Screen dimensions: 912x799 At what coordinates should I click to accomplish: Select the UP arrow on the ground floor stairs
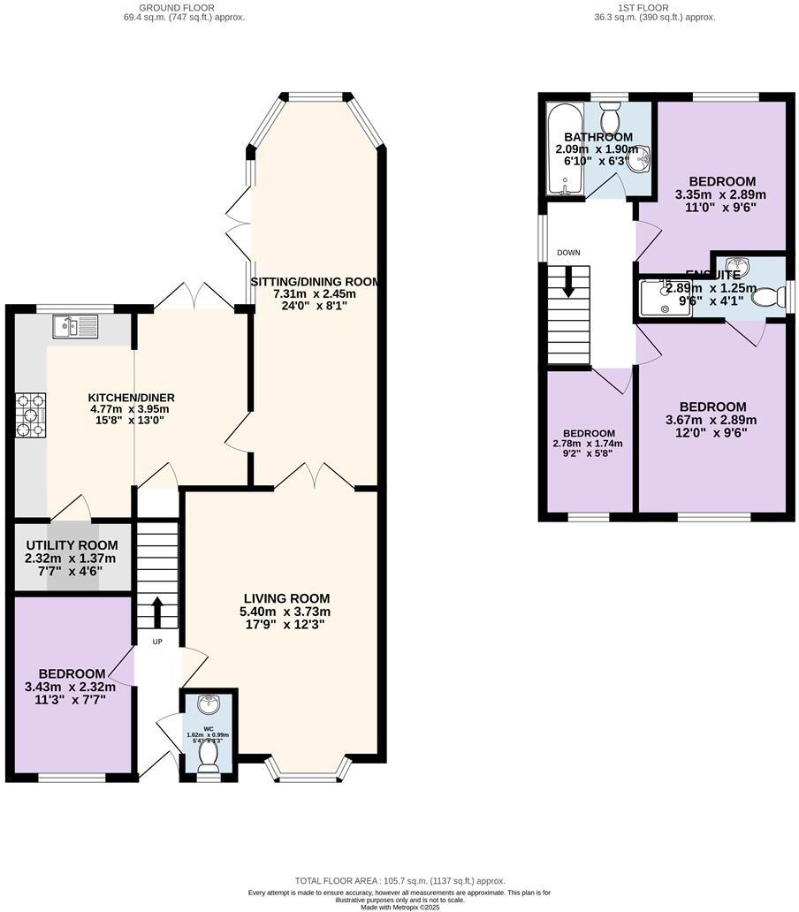157,610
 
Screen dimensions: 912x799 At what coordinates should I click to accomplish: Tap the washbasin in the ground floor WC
209,704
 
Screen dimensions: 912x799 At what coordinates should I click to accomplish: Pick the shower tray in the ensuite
664,297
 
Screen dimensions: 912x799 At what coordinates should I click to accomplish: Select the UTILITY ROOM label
71,544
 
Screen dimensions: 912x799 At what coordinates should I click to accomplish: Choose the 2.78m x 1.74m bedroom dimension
589,444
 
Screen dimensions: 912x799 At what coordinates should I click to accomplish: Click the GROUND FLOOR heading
184,6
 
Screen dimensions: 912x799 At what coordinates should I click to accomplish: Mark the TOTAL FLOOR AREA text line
399,881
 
